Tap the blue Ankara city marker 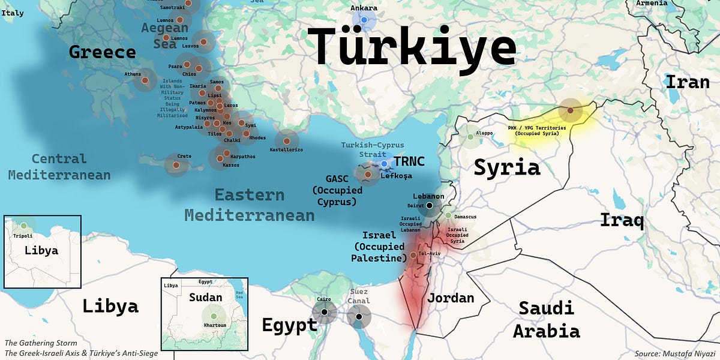click(x=364, y=20)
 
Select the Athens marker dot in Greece click(x=145, y=80)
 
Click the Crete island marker click(x=176, y=165)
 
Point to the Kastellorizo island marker click(x=287, y=140)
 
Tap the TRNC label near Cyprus click(x=409, y=161)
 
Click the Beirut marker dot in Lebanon click(x=430, y=206)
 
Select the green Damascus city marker click(x=448, y=215)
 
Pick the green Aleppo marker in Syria click(x=470, y=138)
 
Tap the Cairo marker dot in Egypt click(x=324, y=312)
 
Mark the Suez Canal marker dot click(x=359, y=316)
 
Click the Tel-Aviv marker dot click(x=413, y=256)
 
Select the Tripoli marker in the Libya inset click(x=23, y=226)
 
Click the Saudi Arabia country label click(x=546, y=320)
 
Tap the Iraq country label click(x=622, y=220)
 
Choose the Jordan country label click(x=450, y=298)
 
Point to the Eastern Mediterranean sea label click(x=249, y=205)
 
